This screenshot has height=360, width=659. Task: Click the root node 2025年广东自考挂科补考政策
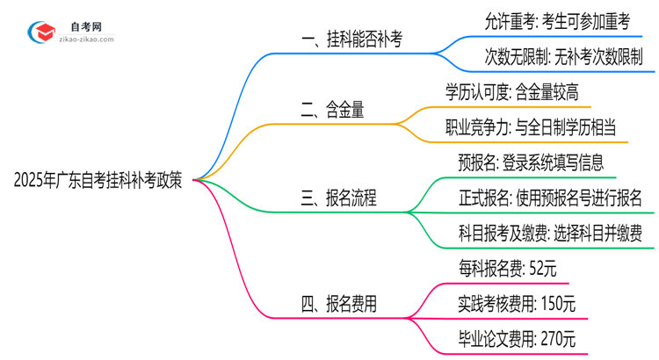[x=98, y=181]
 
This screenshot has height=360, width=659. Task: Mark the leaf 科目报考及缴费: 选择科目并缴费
[x=550, y=233]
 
